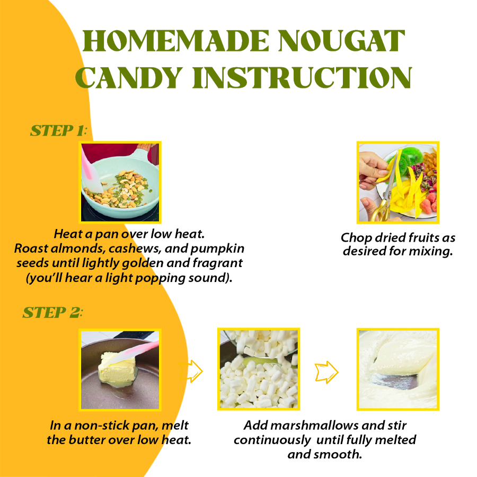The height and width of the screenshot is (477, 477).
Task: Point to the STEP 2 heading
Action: [52, 313]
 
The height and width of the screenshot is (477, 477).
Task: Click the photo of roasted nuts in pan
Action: [120, 182]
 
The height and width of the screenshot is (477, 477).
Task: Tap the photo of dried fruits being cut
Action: [397, 182]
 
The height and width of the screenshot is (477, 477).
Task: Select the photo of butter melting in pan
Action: [120, 369]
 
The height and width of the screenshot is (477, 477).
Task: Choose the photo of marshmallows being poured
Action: [259, 369]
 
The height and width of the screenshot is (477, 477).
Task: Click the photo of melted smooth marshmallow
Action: [397, 369]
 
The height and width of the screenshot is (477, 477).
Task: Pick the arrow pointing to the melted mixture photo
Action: [327, 371]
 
